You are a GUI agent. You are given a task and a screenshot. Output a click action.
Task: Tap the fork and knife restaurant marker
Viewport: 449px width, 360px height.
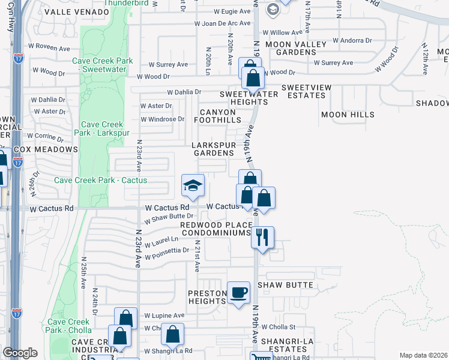click(262, 237)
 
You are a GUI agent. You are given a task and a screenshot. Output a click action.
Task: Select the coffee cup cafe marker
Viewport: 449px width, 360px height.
click(239, 292)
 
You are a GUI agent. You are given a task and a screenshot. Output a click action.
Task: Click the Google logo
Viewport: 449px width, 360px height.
click(20, 353)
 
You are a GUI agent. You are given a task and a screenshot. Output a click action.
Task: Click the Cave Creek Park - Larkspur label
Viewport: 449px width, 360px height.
click(100, 128)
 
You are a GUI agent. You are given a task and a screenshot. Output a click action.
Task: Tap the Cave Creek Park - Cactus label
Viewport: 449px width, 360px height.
click(100, 180)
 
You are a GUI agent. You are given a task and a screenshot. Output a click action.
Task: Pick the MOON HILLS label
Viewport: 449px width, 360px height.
click(348, 115)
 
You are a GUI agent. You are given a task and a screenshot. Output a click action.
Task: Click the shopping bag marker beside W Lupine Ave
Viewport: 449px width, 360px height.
click(126, 319)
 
